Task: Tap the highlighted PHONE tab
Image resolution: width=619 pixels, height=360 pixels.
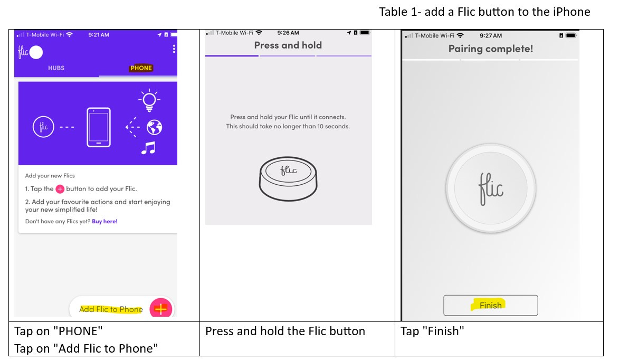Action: coord(141,68)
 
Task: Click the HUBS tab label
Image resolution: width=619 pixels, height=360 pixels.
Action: coord(56,68)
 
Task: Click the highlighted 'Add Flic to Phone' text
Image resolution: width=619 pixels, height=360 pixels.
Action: coord(111,309)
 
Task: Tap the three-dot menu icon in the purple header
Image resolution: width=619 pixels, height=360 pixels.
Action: coord(174,49)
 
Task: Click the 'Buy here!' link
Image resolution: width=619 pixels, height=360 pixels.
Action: coord(104,222)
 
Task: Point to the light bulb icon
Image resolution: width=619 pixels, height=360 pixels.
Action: coord(149,100)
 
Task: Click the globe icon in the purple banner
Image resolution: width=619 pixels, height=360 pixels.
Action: coord(155,127)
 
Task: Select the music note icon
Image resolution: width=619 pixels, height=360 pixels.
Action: coord(148,148)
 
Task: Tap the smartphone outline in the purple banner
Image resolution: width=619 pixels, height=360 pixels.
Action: coord(99,127)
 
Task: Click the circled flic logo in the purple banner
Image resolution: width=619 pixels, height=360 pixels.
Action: coord(43,127)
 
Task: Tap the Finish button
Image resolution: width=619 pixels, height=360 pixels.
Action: coord(491,305)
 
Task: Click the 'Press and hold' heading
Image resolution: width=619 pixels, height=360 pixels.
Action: coord(288,45)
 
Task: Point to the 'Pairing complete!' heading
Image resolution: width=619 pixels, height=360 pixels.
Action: coord(491,49)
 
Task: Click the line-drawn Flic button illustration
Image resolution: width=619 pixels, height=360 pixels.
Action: coord(288,178)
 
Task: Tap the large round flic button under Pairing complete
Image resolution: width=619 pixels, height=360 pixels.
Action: coord(491,188)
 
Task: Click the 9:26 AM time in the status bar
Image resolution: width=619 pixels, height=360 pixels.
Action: coord(288,33)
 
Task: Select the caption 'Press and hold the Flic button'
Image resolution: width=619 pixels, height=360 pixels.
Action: coord(285,331)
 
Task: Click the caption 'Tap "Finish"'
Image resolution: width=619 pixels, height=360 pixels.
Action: coord(432,331)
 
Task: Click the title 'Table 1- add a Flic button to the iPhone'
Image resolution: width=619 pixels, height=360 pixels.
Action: coord(485,12)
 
